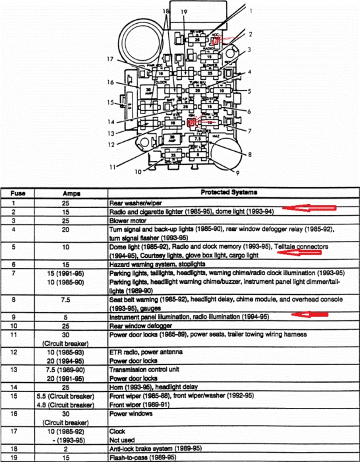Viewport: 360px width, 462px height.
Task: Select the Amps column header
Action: click(x=71, y=193)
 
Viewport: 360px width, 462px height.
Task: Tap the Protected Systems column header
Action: click(x=228, y=192)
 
